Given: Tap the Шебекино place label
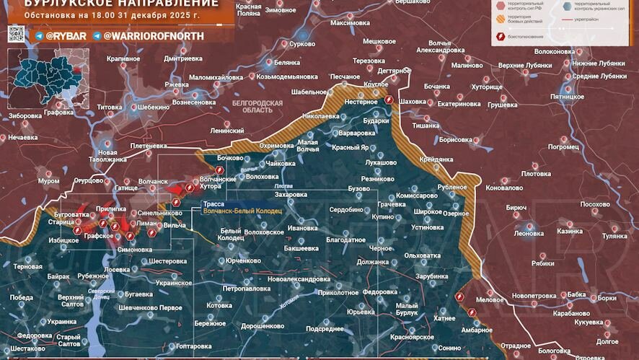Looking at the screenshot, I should coord(152,107).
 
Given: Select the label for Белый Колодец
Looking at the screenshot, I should coord(232,234).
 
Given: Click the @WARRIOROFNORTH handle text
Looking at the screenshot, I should coord(154,35).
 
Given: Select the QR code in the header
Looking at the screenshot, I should coord(16,34).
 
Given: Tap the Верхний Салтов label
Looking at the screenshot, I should coord(71,301).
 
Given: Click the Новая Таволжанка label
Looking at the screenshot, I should coord(107,157).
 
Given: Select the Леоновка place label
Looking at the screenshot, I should coord(529,233).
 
